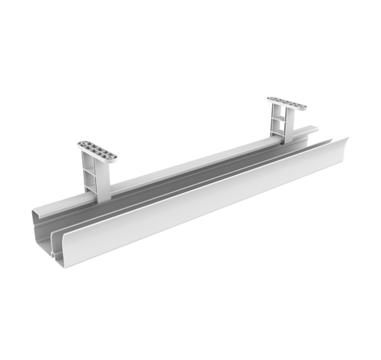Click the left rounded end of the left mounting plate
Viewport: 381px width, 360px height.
click(78, 144)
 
